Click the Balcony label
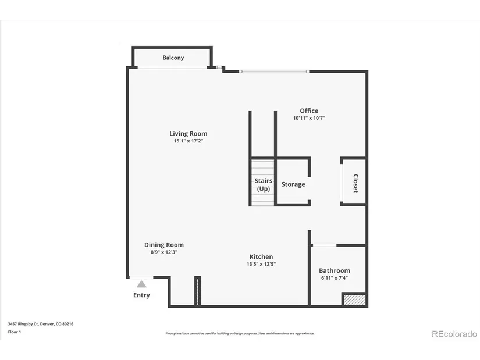click(x=173, y=58)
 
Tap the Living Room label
click(x=189, y=134)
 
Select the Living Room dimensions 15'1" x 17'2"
click(x=189, y=141)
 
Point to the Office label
click(x=309, y=111)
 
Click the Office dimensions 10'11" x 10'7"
click(x=309, y=118)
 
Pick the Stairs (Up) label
click(x=263, y=184)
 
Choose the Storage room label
click(x=293, y=184)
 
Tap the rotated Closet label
click(x=355, y=183)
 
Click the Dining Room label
click(x=163, y=245)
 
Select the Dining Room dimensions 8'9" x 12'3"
click(x=163, y=252)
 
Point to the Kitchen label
click(x=261, y=257)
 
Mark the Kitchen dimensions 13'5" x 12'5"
click(x=261, y=264)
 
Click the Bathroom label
click(x=335, y=270)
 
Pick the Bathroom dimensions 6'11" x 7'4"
click(x=335, y=278)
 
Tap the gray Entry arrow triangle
click(x=141, y=285)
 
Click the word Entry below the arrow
click(x=141, y=295)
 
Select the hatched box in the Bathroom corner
click(x=354, y=299)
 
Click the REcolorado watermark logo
click(x=454, y=334)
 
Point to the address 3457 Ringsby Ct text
click(x=41, y=324)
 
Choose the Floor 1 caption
click(x=15, y=332)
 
